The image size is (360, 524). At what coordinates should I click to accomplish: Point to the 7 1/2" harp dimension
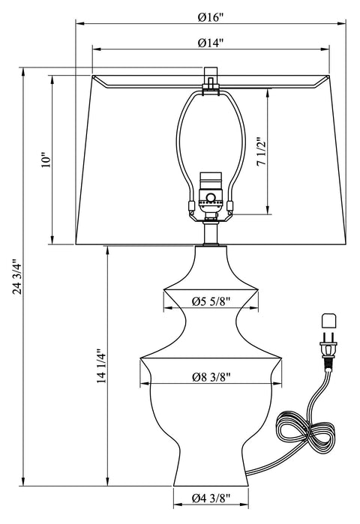pyautogui.click(x=259, y=153)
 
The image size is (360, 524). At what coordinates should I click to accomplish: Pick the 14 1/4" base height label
pyautogui.click(x=99, y=366)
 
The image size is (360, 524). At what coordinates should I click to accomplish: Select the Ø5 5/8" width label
pyautogui.click(x=210, y=302)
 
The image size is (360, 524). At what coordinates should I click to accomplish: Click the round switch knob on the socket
pyautogui.click(x=211, y=199)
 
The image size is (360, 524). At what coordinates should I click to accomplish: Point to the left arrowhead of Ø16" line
pyautogui.click(x=77, y=22)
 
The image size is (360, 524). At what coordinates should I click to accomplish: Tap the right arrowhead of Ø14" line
pyautogui.click(x=327, y=50)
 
